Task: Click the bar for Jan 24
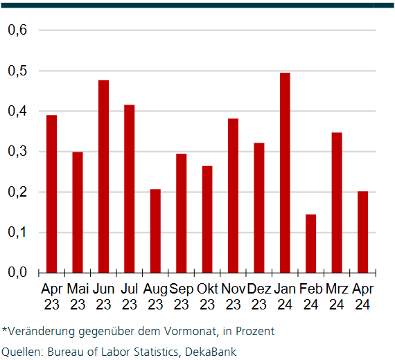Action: point(285,172)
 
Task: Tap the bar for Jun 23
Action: point(103,176)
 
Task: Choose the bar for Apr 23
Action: point(51,193)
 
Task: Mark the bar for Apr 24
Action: point(362,231)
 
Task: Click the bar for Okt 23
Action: point(207,219)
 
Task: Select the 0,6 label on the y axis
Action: point(17,30)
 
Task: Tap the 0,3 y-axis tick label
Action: point(17,152)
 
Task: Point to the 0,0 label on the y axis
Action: point(17,272)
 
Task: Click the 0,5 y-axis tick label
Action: point(17,71)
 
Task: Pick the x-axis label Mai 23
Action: point(78,296)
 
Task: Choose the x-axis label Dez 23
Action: point(259,296)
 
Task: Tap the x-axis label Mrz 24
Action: point(337,296)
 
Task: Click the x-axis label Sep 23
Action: point(182,296)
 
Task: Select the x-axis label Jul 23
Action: point(130,296)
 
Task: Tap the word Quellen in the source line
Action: point(21,352)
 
